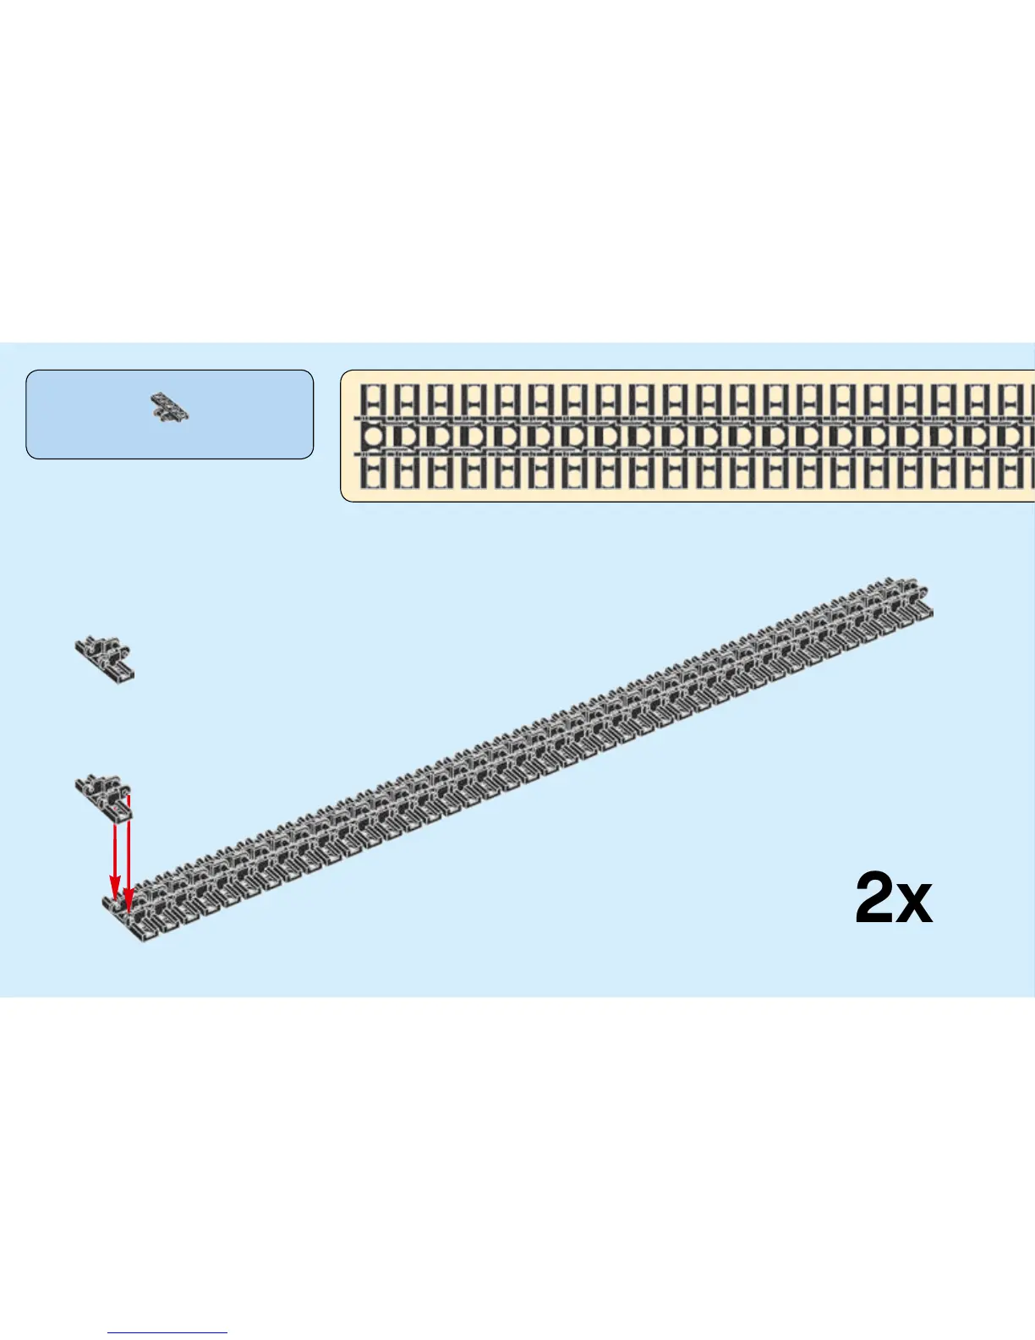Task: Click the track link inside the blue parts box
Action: (170, 408)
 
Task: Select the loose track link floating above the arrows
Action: (104, 658)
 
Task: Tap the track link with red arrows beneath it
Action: (104, 795)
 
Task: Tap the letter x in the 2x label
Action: (914, 904)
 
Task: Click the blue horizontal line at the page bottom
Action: (167, 1333)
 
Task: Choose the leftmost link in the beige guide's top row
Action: (373, 400)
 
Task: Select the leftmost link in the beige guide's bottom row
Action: (373, 473)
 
